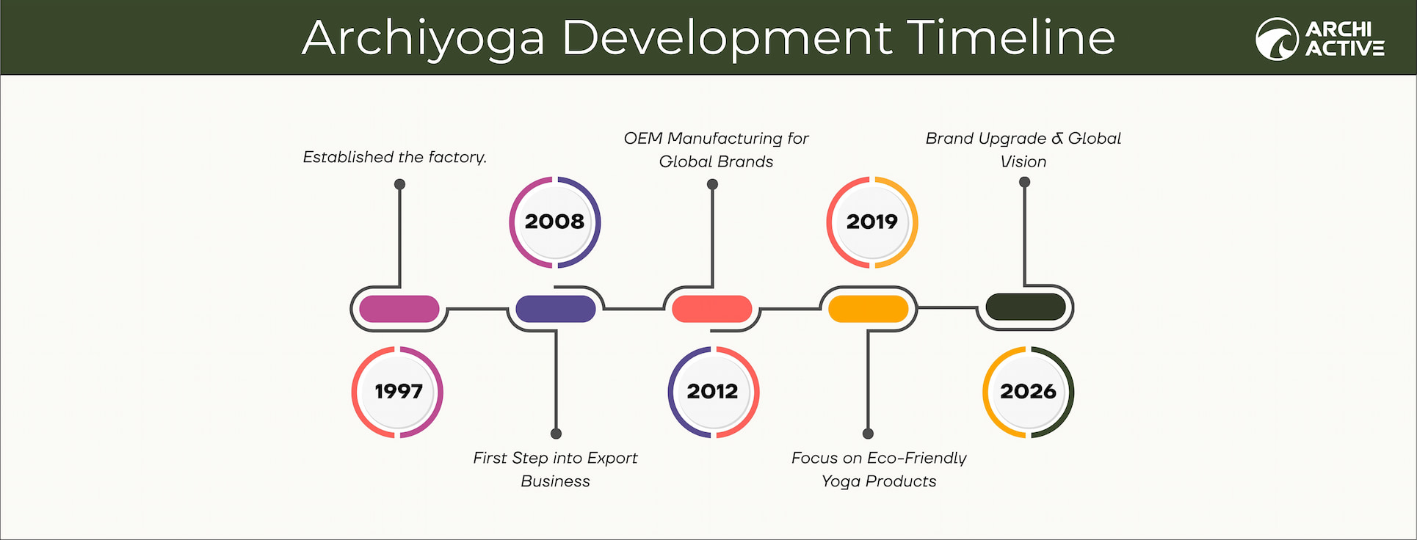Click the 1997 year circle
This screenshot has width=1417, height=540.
397,392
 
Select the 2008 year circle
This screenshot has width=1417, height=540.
555,222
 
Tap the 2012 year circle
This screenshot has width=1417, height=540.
713,392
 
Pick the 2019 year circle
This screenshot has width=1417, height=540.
872,222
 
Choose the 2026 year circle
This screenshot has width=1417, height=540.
1028,392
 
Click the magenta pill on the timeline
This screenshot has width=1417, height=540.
399,309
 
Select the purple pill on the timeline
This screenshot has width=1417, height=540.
556,309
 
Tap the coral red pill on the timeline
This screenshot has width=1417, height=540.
712,309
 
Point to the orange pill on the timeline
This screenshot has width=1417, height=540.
869,309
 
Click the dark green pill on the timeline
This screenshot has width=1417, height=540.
1025,307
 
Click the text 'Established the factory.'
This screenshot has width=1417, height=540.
395,157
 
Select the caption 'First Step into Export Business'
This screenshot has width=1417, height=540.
555,469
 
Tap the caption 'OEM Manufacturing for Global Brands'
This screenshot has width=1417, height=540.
716,150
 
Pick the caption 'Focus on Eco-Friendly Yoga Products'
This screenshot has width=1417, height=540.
879,469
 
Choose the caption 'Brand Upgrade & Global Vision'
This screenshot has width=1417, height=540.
1023,150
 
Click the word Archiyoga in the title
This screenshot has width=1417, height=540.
424,38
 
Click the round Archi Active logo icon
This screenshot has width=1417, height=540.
1277,39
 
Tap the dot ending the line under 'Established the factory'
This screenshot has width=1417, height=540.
399,184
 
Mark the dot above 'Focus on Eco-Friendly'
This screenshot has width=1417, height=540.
868,434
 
